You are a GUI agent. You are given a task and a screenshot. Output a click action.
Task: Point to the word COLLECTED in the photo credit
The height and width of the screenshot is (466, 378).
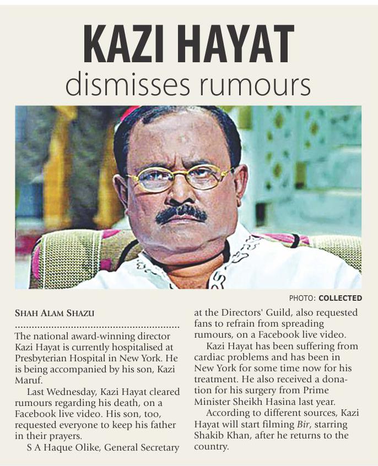point(340,298)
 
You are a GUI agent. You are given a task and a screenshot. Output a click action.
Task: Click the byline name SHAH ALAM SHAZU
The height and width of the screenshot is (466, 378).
point(54,313)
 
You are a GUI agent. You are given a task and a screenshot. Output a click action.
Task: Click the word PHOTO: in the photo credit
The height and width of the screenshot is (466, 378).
point(303,298)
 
